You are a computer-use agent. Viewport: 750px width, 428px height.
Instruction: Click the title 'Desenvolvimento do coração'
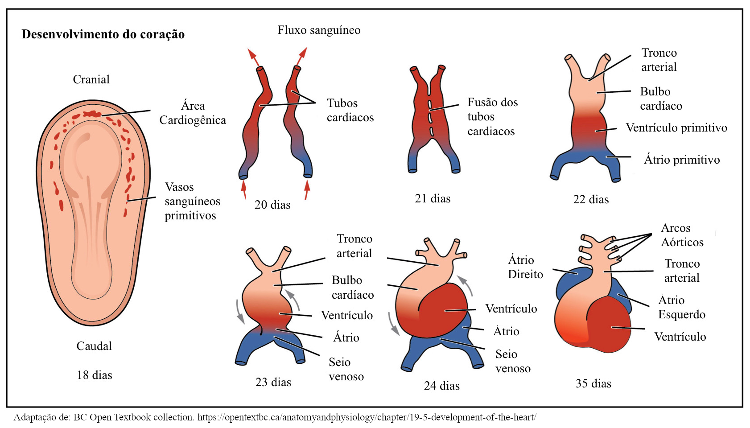pyautogui.click(x=103, y=34)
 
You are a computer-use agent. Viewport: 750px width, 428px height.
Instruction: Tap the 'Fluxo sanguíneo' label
pyautogui.click(x=319, y=30)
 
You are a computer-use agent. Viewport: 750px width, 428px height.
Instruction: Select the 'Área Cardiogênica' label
pyautogui.click(x=193, y=113)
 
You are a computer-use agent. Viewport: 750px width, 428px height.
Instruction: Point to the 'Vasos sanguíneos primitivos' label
pyautogui.click(x=192, y=201)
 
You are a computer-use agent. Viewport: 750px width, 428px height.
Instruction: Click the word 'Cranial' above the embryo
pyautogui.click(x=91, y=79)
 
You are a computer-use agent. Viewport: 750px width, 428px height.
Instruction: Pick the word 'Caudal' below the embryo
pyautogui.click(x=94, y=346)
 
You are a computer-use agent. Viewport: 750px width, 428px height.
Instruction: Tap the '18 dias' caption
pyautogui.click(x=95, y=375)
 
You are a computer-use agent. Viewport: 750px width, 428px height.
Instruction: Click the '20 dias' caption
pyautogui.click(x=272, y=205)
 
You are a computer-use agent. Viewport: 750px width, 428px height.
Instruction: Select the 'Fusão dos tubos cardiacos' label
pyautogui.click(x=492, y=117)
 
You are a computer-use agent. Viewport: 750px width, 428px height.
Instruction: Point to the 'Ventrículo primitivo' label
pyautogui.click(x=676, y=128)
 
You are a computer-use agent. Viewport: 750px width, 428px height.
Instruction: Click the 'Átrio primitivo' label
pyautogui.click(x=682, y=160)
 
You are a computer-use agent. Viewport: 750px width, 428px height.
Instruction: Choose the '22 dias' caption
pyautogui.click(x=591, y=199)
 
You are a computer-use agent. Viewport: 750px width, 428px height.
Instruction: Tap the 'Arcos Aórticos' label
pyautogui.click(x=682, y=235)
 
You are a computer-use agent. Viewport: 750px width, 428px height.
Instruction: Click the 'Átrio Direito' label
pyautogui.click(x=525, y=267)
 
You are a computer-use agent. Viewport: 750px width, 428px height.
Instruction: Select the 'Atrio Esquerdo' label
pyautogui.click(x=681, y=307)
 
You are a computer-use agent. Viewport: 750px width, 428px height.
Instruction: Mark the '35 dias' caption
pyautogui.click(x=593, y=383)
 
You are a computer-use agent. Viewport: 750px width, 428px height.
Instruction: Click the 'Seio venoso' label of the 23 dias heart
pyautogui.click(x=346, y=369)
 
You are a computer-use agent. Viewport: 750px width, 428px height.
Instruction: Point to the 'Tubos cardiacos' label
pyautogui.click(x=350, y=110)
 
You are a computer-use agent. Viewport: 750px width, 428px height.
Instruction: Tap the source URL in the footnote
pyautogui.click(x=367, y=417)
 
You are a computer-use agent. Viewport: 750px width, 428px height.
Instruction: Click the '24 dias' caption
pyautogui.click(x=442, y=386)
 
